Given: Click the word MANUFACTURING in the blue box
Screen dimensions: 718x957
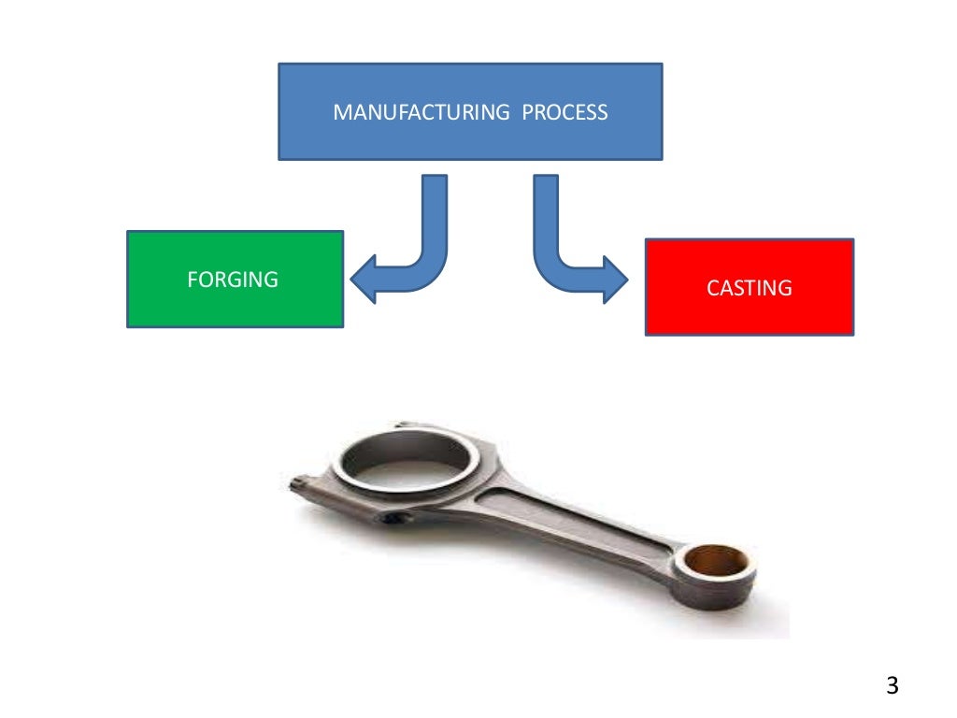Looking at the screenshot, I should [x=421, y=113].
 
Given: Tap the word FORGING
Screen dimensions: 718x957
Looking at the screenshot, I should [x=233, y=279].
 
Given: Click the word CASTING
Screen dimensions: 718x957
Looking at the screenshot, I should [x=749, y=288].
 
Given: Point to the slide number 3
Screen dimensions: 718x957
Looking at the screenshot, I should [x=892, y=686].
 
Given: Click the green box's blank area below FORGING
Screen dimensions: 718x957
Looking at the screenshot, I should [x=235, y=309].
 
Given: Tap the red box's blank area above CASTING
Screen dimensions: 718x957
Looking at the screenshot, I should [x=749, y=257].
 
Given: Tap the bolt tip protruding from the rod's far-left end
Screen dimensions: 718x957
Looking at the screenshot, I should [x=296, y=482].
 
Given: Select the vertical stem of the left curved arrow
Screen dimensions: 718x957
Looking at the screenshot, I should [x=435, y=215].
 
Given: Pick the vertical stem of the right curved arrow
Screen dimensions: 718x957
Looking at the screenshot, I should [x=545, y=215].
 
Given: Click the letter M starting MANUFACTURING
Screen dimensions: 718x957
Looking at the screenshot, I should [x=340, y=113].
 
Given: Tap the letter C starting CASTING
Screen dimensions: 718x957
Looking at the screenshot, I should [x=712, y=288].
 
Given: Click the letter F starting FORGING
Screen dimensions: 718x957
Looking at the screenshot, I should [x=192, y=279].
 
